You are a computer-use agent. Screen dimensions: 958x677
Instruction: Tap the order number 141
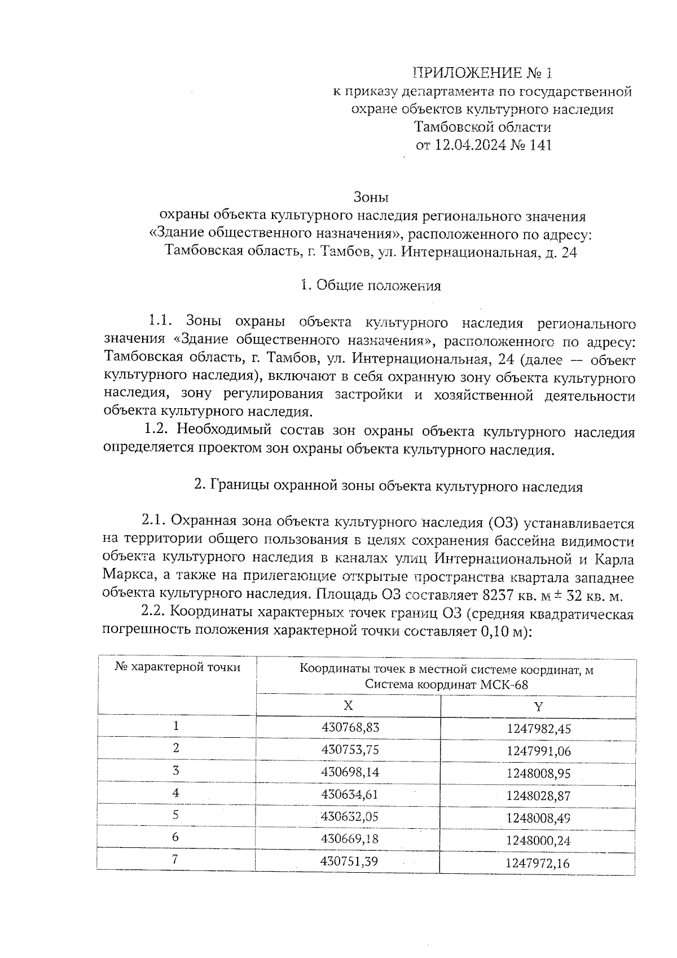[540, 145]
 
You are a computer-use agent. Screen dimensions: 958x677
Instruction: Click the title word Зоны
[371, 198]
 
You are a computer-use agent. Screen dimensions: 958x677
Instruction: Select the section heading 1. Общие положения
[371, 285]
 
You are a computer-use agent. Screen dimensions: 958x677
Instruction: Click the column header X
[348, 706]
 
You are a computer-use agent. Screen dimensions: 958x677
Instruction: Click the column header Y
[538, 707]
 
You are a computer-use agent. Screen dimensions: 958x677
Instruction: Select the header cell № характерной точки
[177, 667]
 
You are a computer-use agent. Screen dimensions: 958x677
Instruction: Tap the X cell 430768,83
[350, 727]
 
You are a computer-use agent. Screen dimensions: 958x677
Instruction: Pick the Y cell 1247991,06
[539, 751]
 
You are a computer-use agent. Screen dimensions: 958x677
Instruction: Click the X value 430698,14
[350, 772]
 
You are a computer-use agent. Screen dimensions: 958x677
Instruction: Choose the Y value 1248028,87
[539, 796]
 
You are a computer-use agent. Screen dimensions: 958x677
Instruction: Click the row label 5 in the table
[176, 815]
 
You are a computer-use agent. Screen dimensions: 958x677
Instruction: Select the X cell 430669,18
[350, 838]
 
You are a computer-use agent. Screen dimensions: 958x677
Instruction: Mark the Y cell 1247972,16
[538, 863]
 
